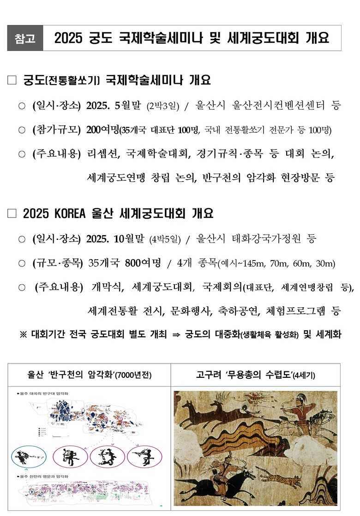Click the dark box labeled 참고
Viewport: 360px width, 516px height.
pyautogui.click(x=25, y=38)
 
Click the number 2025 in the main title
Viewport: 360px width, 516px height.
pyautogui.click(x=67, y=38)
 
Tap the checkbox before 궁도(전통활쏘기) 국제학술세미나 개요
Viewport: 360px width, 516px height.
pyautogui.click(x=12, y=81)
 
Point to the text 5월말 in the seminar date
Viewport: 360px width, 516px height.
pyautogui.click(x=130, y=105)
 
